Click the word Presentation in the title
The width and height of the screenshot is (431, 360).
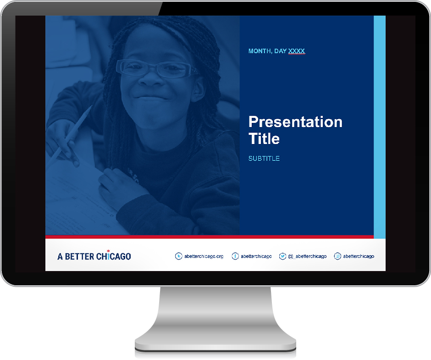click(x=295, y=122)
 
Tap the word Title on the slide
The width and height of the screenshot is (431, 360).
click(x=264, y=138)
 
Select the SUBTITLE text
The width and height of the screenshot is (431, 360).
click(x=264, y=158)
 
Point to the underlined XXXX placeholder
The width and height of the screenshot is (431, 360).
click(x=297, y=51)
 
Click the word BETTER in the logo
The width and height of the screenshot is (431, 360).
click(x=80, y=257)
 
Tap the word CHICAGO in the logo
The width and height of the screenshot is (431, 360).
click(x=114, y=256)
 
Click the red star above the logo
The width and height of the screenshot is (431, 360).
click(x=108, y=251)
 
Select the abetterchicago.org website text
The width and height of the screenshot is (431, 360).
click(x=204, y=256)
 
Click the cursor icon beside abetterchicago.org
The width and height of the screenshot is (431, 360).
click(x=179, y=256)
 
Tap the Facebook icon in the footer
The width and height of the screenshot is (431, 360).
click(x=235, y=256)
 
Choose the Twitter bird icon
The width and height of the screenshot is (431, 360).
click(x=282, y=256)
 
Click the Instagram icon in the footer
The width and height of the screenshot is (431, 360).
click(x=337, y=256)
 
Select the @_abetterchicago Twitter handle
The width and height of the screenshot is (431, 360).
click(x=307, y=256)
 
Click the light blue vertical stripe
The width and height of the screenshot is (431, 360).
click(x=380, y=127)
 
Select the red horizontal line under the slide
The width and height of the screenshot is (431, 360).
click(x=210, y=237)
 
